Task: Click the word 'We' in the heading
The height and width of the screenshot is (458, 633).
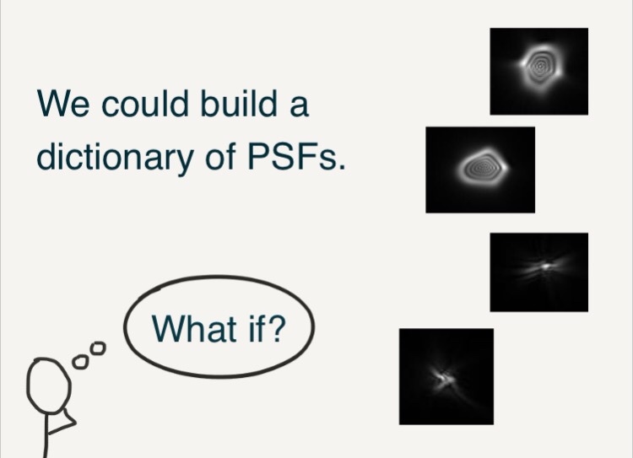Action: pyautogui.click(x=63, y=103)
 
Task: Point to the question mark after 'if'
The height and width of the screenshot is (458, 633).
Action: pyautogui.click(x=276, y=328)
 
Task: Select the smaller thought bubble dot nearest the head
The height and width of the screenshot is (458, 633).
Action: pyautogui.click(x=80, y=362)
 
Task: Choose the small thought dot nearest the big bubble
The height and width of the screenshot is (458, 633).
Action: pyautogui.click(x=98, y=348)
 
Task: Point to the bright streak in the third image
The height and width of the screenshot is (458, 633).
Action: pyautogui.click(x=543, y=267)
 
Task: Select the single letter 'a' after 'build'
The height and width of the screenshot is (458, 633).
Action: pyautogui.click(x=299, y=106)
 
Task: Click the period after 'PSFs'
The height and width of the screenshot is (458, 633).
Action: pyautogui.click(x=343, y=166)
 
